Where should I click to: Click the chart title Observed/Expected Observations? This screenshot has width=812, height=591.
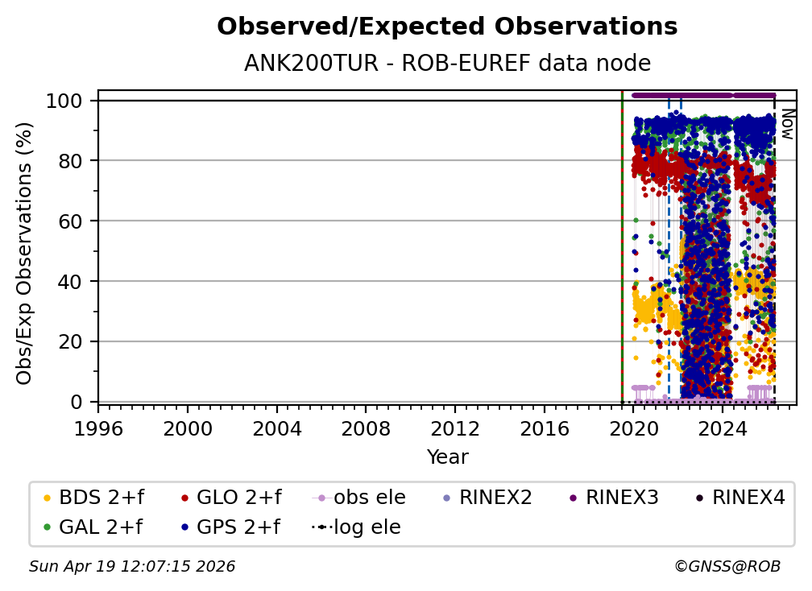point(447,27)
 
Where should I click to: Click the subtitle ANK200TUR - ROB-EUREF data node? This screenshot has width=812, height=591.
point(447,63)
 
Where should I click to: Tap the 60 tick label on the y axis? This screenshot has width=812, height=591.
point(72,221)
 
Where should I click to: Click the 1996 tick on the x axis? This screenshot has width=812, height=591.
point(98,427)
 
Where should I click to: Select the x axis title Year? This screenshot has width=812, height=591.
point(447,457)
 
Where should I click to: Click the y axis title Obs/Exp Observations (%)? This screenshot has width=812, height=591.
point(25,253)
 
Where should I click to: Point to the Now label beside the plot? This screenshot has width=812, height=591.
point(788,124)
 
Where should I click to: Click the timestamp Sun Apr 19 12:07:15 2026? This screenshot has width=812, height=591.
point(132,567)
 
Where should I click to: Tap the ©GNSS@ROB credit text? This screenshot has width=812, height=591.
point(727,567)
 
